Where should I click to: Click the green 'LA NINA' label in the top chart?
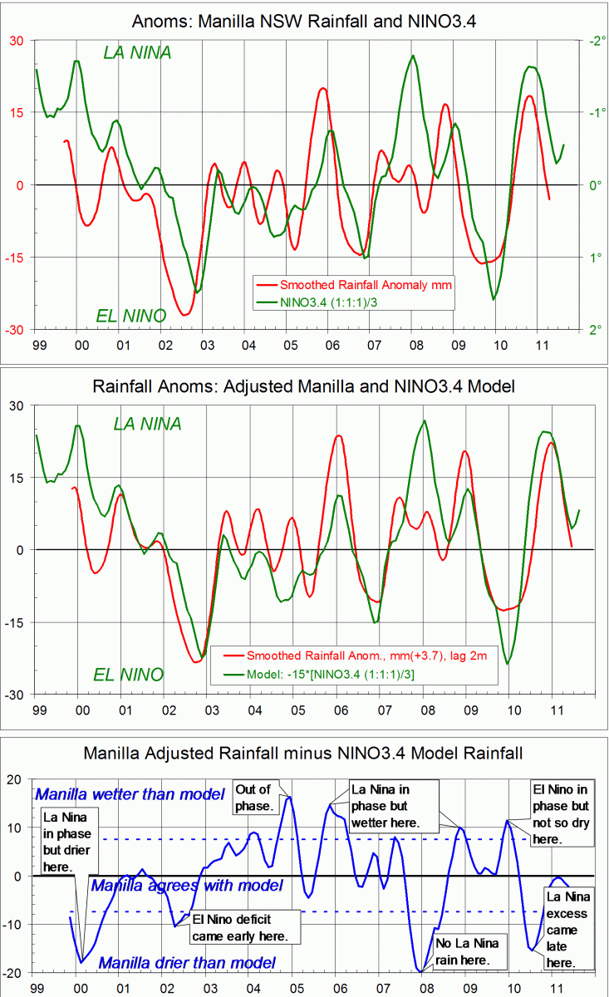coord(137,52)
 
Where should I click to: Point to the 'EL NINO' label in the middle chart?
coord(129,674)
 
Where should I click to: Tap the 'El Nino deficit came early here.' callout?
coord(242,927)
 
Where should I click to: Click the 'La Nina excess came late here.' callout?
coord(569,929)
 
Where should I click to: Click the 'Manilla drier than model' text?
coord(187,963)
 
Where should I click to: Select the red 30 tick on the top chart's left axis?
coord(17,40)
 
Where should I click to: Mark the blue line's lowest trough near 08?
coord(420,970)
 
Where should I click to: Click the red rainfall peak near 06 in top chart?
coord(323,88)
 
